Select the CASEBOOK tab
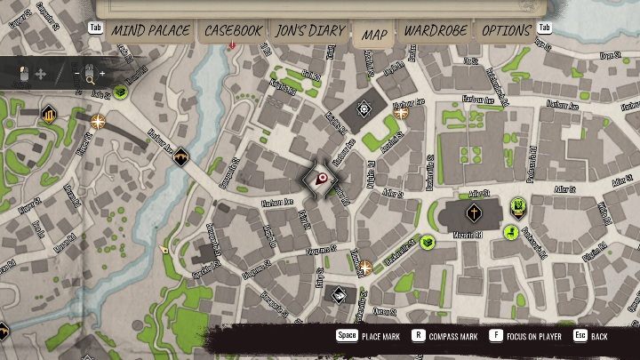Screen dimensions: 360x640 [234, 30]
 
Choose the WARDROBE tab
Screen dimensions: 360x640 [436, 30]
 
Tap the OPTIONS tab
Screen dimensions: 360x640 [506, 30]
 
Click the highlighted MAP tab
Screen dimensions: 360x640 [374, 33]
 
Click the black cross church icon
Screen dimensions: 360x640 [475, 213]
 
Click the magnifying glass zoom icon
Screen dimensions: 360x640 [91, 78]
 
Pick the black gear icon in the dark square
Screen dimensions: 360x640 [364, 109]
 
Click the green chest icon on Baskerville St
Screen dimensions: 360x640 [428, 241]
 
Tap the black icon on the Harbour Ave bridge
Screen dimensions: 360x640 [181, 156]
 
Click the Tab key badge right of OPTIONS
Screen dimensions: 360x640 [545, 28]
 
